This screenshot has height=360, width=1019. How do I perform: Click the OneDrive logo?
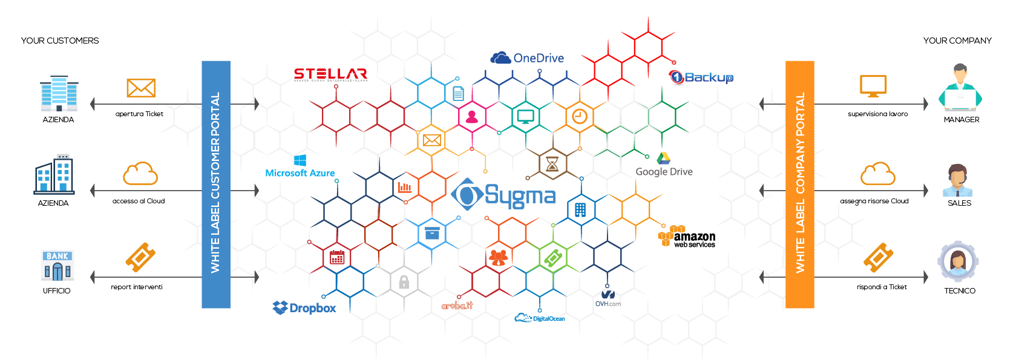(x=526, y=58)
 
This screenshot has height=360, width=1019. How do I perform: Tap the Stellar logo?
(x=330, y=74)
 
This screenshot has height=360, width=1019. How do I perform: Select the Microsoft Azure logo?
(x=300, y=166)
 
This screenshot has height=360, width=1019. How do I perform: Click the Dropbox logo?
(x=304, y=308)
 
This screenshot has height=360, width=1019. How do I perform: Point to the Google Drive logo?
(x=664, y=165)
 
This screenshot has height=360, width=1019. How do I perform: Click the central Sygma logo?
(x=503, y=195)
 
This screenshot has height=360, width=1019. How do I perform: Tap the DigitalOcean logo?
(x=539, y=318)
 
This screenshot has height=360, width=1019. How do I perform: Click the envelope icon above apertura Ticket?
(x=141, y=88)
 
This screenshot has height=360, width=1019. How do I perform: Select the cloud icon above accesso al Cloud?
(x=140, y=174)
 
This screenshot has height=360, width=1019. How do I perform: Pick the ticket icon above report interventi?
(x=140, y=257)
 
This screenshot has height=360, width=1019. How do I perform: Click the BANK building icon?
(x=57, y=266)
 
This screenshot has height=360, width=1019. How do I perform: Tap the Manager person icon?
(x=960, y=88)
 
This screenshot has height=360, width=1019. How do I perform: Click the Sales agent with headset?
(x=957, y=180)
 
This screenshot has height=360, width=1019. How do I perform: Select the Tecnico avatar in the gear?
(x=958, y=261)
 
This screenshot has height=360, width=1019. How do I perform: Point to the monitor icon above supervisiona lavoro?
(x=873, y=87)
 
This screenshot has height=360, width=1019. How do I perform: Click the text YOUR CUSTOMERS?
(x=60, y=41)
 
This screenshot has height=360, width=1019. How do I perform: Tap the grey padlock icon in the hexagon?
(x=404, y=281)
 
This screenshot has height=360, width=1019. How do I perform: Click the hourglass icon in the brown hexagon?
(x=552, y=164)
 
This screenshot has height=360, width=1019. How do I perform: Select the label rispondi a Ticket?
(x=882, y=287)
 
